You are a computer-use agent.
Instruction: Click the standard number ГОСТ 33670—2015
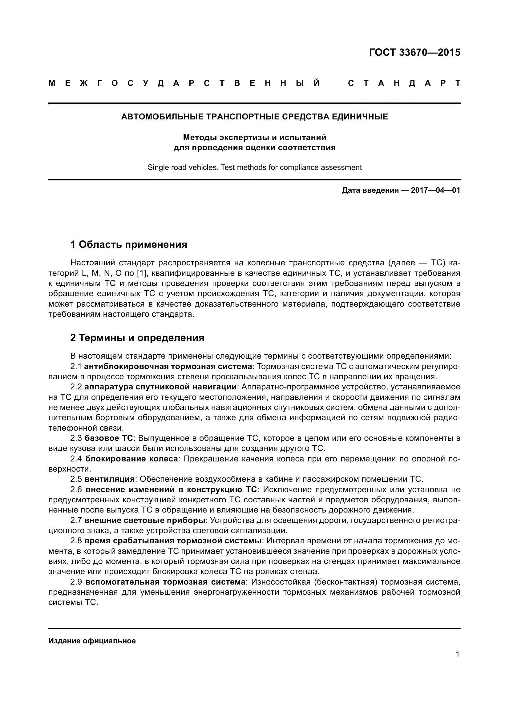[414, 52]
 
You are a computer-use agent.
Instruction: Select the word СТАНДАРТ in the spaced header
[404, 83]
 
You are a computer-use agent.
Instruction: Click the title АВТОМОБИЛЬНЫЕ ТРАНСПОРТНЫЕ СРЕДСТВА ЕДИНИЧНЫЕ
[254, 117]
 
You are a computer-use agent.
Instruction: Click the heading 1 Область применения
[129, 244]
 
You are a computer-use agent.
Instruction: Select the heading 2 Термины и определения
[137, 338]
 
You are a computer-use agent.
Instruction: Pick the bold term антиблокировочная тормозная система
[168, 366]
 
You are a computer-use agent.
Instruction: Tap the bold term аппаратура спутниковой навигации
[160, 387]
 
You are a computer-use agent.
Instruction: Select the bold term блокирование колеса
[131, 459]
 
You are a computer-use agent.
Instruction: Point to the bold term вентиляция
[110, 479]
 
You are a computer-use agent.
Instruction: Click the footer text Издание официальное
[92, 641]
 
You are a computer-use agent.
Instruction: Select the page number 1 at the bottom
[457, 654]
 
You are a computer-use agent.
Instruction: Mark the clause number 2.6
[76, 489]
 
